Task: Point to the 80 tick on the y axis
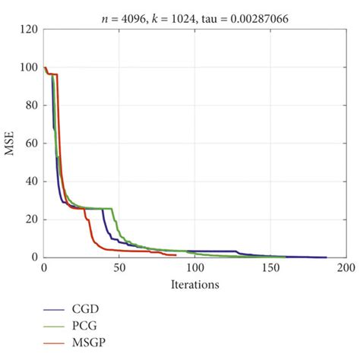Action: click(x=30, y=106)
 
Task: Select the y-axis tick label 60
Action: click(x=30, y=144)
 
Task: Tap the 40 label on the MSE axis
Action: click(x=30, y=182)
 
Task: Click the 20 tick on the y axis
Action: click(x=30, y=219)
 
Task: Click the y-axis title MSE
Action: click(x=10, y=144)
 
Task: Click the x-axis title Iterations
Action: click(x=194, y=286)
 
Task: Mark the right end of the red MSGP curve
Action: click(x=175, y=255)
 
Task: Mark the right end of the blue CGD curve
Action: click(x=326, y=257)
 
